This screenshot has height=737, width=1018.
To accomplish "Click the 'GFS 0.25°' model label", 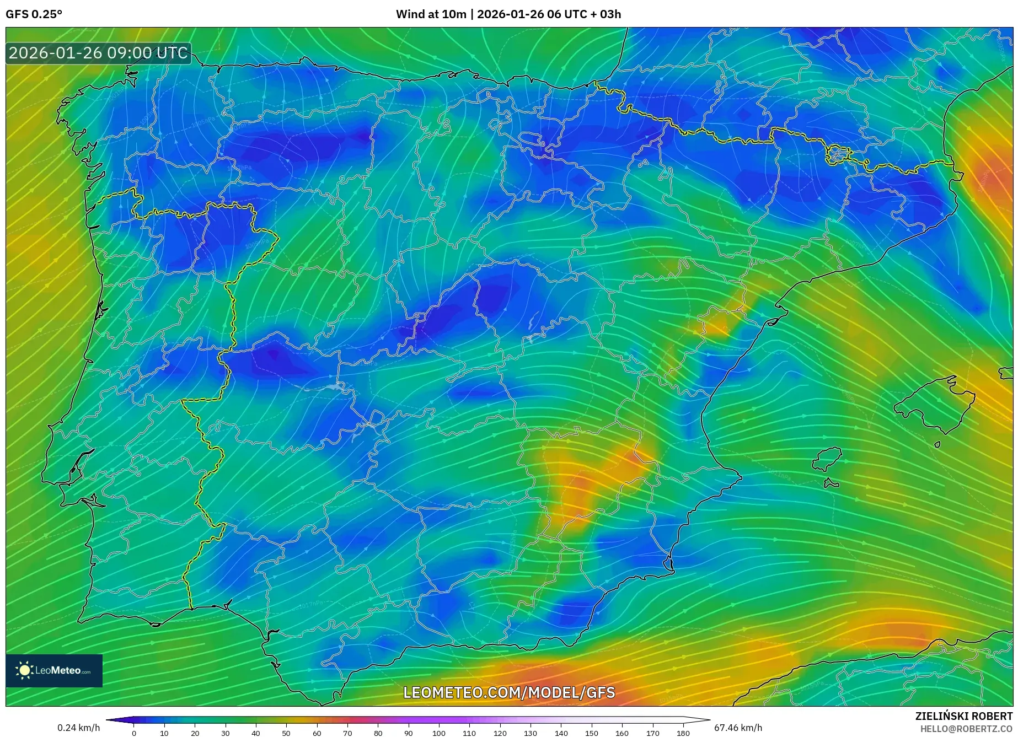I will (34, 14).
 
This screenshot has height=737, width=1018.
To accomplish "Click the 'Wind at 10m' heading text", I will (431, 14).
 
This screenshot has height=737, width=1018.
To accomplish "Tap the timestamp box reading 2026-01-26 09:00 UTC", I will (98, 53).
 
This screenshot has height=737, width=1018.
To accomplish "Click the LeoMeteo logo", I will (54, 670).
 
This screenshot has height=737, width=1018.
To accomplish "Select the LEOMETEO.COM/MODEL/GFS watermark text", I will (508, 692).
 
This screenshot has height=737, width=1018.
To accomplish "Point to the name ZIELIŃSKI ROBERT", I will (963, 716).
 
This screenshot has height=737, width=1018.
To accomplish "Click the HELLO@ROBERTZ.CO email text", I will (966, 729).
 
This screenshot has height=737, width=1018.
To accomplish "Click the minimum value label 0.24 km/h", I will (79, 728).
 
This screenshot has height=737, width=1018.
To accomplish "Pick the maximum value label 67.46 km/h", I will (738, 728).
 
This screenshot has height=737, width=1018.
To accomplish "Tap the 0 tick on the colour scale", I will (134, 733).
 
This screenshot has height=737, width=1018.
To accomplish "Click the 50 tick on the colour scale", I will (286, 733).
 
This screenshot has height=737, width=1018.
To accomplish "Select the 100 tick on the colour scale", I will (438, 733).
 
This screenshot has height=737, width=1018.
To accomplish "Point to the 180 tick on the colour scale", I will (683, 733).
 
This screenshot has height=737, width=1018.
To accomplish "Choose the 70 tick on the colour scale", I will (347, 733).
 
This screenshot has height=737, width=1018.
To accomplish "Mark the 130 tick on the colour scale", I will (530, 733).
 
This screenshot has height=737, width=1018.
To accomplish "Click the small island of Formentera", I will (831, 484).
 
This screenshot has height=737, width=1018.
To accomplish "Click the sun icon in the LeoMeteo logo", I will (24, 670).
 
